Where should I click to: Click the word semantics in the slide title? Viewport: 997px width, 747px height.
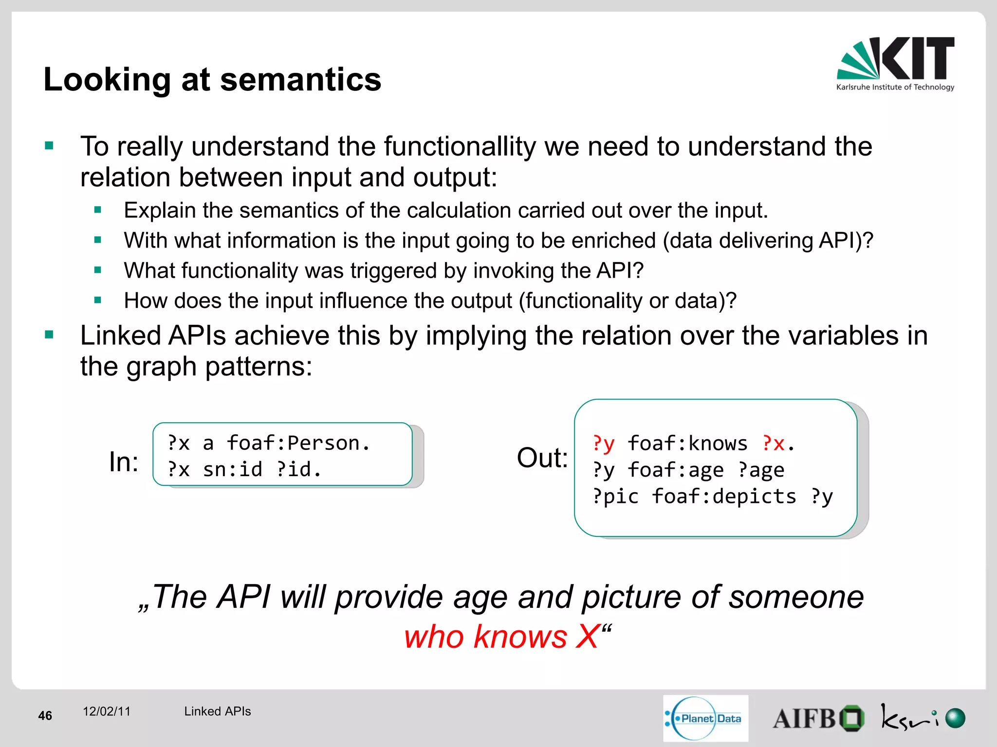pyautogui.click(x=300, y=79)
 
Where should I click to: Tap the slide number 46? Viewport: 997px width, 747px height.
pyautogui.click(x=45, y=715)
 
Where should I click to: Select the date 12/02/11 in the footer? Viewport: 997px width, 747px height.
pyautogui.click(x=107, y=711)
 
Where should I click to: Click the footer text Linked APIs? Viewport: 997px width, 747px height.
pyautogui.click(x=217, y=711)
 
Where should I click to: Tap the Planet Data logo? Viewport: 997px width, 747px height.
pyautogui.click(x=705, y=718)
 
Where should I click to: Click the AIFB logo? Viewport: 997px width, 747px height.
pyautogui.click(x=818, y=718)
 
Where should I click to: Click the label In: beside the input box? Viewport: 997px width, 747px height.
pyautogui.click(x=123, y=462)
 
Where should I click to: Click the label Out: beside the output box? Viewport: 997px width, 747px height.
pyautogui.click(x=542, y=458)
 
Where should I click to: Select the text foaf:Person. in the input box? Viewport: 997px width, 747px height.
pyautogui.click(x=298, y=443)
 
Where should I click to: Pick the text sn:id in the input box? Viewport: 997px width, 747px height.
pyautogui.click(x=232, y=469)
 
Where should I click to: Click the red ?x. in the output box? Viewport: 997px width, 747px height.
pyautogui.click(x=778, y=443)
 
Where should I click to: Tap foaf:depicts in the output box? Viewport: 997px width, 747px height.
pyautogui.click(x=724, y=496)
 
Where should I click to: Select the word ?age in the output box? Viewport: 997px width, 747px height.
pyautogui.click(x=761, y=470)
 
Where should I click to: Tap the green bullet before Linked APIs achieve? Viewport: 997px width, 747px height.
pyautogui.click(x=49, y=335)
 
